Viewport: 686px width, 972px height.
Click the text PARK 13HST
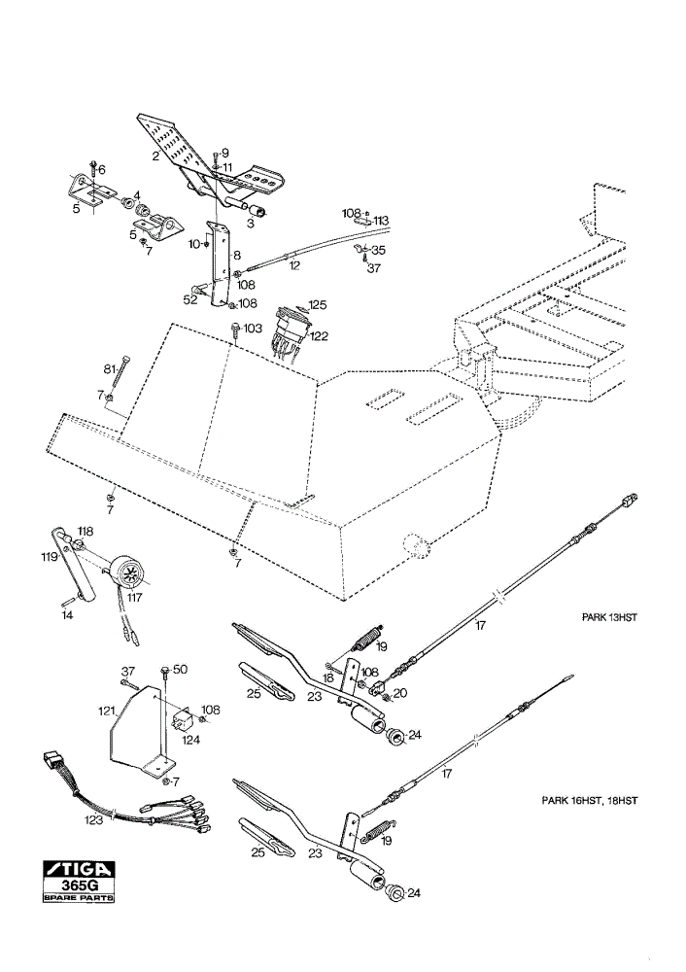[609, 617]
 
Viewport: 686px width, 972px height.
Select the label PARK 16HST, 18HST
[590, 800]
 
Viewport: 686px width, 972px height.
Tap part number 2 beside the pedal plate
[155, 156]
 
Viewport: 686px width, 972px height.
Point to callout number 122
[319, 336]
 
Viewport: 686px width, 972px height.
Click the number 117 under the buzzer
[134, 598]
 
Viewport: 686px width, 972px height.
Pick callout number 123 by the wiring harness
[95, 819]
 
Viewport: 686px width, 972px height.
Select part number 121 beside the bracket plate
[108, 712]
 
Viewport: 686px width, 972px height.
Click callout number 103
[253, 328]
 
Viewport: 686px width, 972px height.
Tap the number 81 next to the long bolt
[110, 369]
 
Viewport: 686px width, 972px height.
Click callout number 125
[318, 305]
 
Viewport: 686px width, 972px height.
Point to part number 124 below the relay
[190, 740]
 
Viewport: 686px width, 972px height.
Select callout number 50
[181, 670]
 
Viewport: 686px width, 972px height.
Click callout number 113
[381, 220]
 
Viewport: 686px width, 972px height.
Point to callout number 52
[190, 299]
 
